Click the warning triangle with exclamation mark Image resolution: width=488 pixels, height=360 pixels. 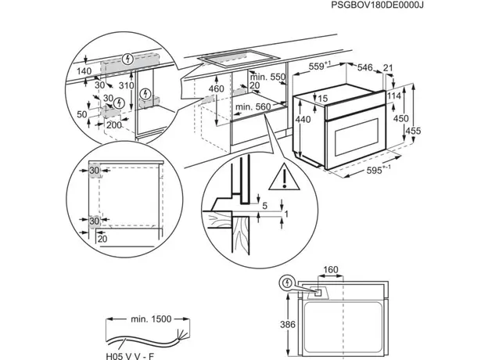pyautogui.click(x=278, y=182)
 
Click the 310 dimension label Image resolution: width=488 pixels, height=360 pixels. pyautogui.click(x=127, y=86)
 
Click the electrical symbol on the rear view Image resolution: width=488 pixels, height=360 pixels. pyautogui.click(x=290, y=283)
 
